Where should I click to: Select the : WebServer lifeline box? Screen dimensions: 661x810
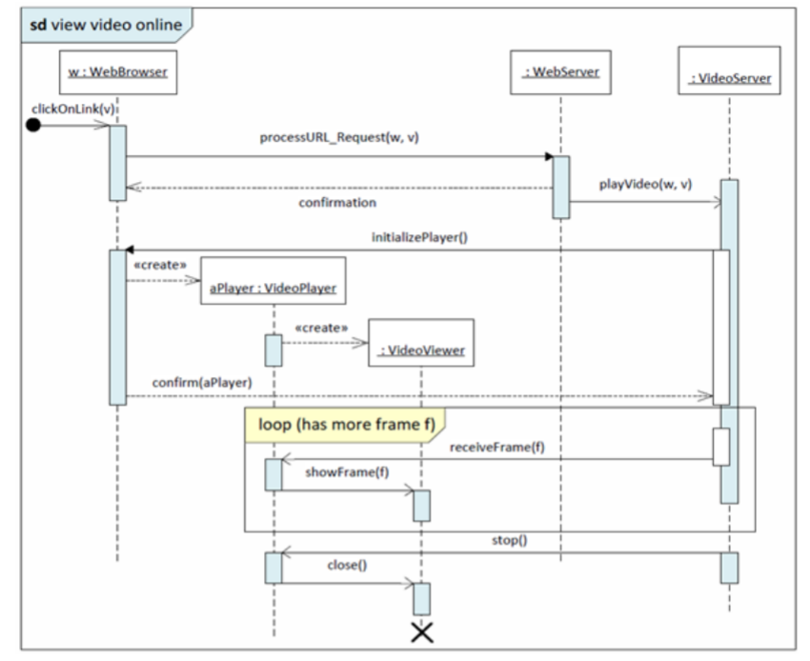tap(560, 72)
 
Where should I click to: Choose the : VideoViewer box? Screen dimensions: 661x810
tap(421, 350)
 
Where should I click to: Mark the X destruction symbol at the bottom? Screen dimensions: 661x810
tap(421, 631)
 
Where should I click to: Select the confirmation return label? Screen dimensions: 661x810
tap(336, 203)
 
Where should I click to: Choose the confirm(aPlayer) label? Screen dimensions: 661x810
tap(201, 382)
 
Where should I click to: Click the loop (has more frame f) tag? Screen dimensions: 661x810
tap(340, 425)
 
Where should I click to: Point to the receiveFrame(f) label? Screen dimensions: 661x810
tap(496, 448)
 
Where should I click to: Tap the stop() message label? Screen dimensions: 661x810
tap(509, 539)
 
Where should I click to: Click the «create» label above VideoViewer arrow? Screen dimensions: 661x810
tap(320, 328)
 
